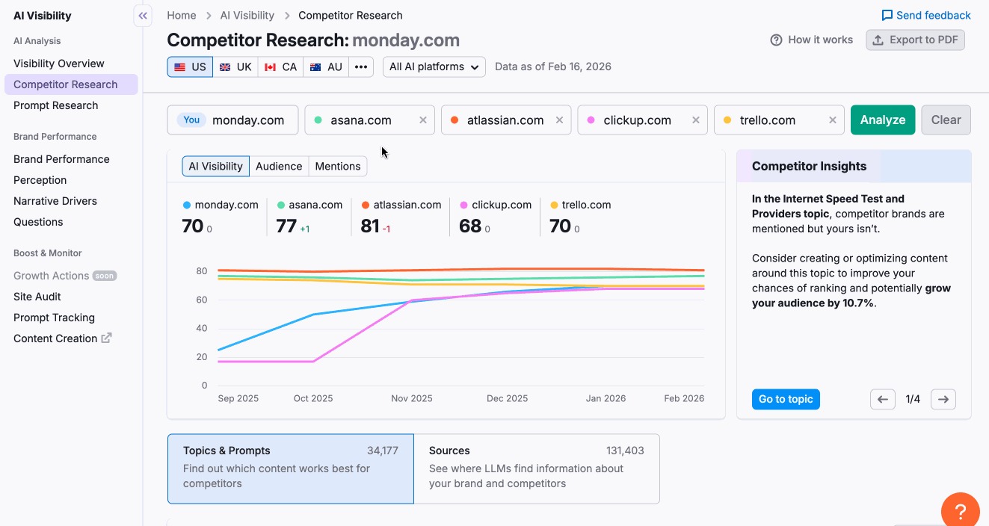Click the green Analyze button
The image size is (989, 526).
coord(882,120)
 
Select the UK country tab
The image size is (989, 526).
coord(235,66)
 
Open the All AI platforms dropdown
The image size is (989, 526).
coord(434,66)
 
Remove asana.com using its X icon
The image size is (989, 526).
coord(423,120)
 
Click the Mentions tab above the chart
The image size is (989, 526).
coord(337,166)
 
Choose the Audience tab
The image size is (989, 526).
coord(279,166)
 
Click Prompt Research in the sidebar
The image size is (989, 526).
coord(56,105)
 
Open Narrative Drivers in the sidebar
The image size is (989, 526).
coord(55,201)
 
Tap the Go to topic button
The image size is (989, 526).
coord(786,399)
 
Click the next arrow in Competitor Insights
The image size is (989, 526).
coord(943,399)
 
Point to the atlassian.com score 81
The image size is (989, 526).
coord(370,226)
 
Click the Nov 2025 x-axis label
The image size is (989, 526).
coord(411,398)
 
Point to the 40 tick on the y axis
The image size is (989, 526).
coord(202,329)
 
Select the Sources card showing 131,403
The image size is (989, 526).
coord(536,468)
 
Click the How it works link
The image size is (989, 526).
coord(812,40)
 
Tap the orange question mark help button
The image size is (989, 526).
coord(960,512)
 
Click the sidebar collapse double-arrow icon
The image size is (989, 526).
coord(143,16)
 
